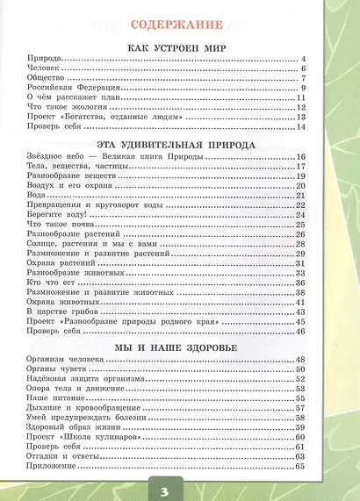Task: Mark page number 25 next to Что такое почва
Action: tap(299, 225)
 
